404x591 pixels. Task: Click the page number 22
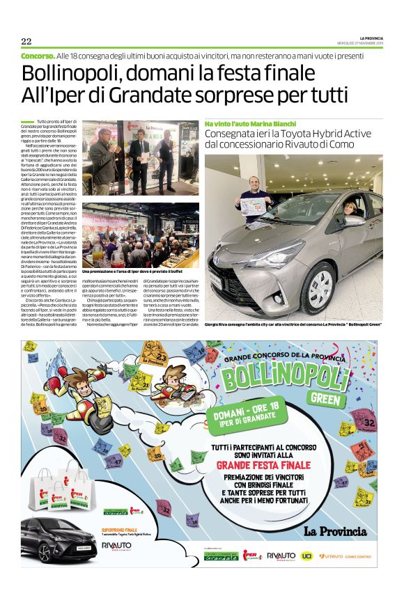point(26,40)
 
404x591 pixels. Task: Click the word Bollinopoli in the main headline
point(64,72)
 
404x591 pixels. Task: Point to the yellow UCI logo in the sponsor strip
point(306,555)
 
